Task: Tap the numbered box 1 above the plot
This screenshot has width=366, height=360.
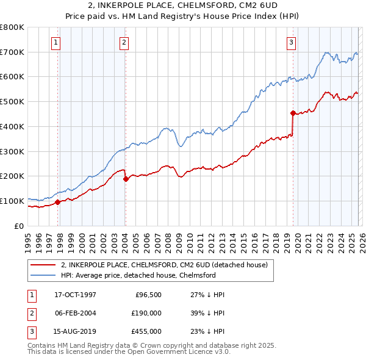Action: coord(56,42)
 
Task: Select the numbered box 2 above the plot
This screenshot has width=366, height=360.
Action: coord(124,42)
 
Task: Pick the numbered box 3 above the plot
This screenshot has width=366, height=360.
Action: coord(292,42)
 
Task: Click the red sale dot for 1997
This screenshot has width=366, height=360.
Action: coord(58,202)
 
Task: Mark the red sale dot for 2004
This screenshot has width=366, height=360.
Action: coord(126,179)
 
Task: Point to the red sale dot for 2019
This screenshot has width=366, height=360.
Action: coord(293,113)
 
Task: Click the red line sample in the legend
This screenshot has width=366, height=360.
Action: coord(44,265)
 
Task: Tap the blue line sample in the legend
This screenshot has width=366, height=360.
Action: coord(44,276)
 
